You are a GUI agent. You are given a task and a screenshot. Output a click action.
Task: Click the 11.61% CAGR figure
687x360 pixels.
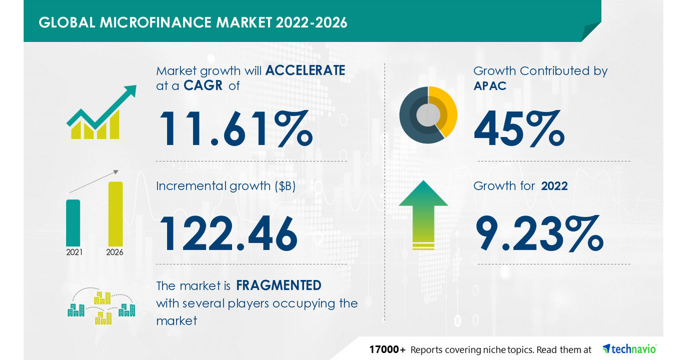pos(235,129)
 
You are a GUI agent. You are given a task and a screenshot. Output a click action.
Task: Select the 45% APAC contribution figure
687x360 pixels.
pos(519,129)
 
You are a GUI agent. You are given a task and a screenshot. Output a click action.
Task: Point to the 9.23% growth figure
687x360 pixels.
pos(539,233)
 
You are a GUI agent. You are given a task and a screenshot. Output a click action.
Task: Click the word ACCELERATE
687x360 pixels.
pos(305,70)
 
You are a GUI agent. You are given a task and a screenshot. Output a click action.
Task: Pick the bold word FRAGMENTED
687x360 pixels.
pos(279,285)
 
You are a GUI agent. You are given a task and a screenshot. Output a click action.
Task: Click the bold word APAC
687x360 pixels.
pos(490,85)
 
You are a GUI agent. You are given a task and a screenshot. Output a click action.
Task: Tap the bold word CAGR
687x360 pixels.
pos(203,85)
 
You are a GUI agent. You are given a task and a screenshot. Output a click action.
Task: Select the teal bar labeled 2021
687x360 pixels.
pos(74,222)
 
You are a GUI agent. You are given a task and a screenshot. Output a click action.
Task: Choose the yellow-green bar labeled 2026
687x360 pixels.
pos(115,214)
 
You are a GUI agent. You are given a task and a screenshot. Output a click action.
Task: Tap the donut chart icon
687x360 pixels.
pos(428,114)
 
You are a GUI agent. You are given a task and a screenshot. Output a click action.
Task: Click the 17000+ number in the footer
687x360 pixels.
pos(387,349)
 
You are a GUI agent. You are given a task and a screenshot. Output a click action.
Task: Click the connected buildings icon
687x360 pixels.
pos(101,307)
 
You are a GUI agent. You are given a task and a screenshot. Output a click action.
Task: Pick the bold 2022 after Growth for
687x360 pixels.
pos(554,186)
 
